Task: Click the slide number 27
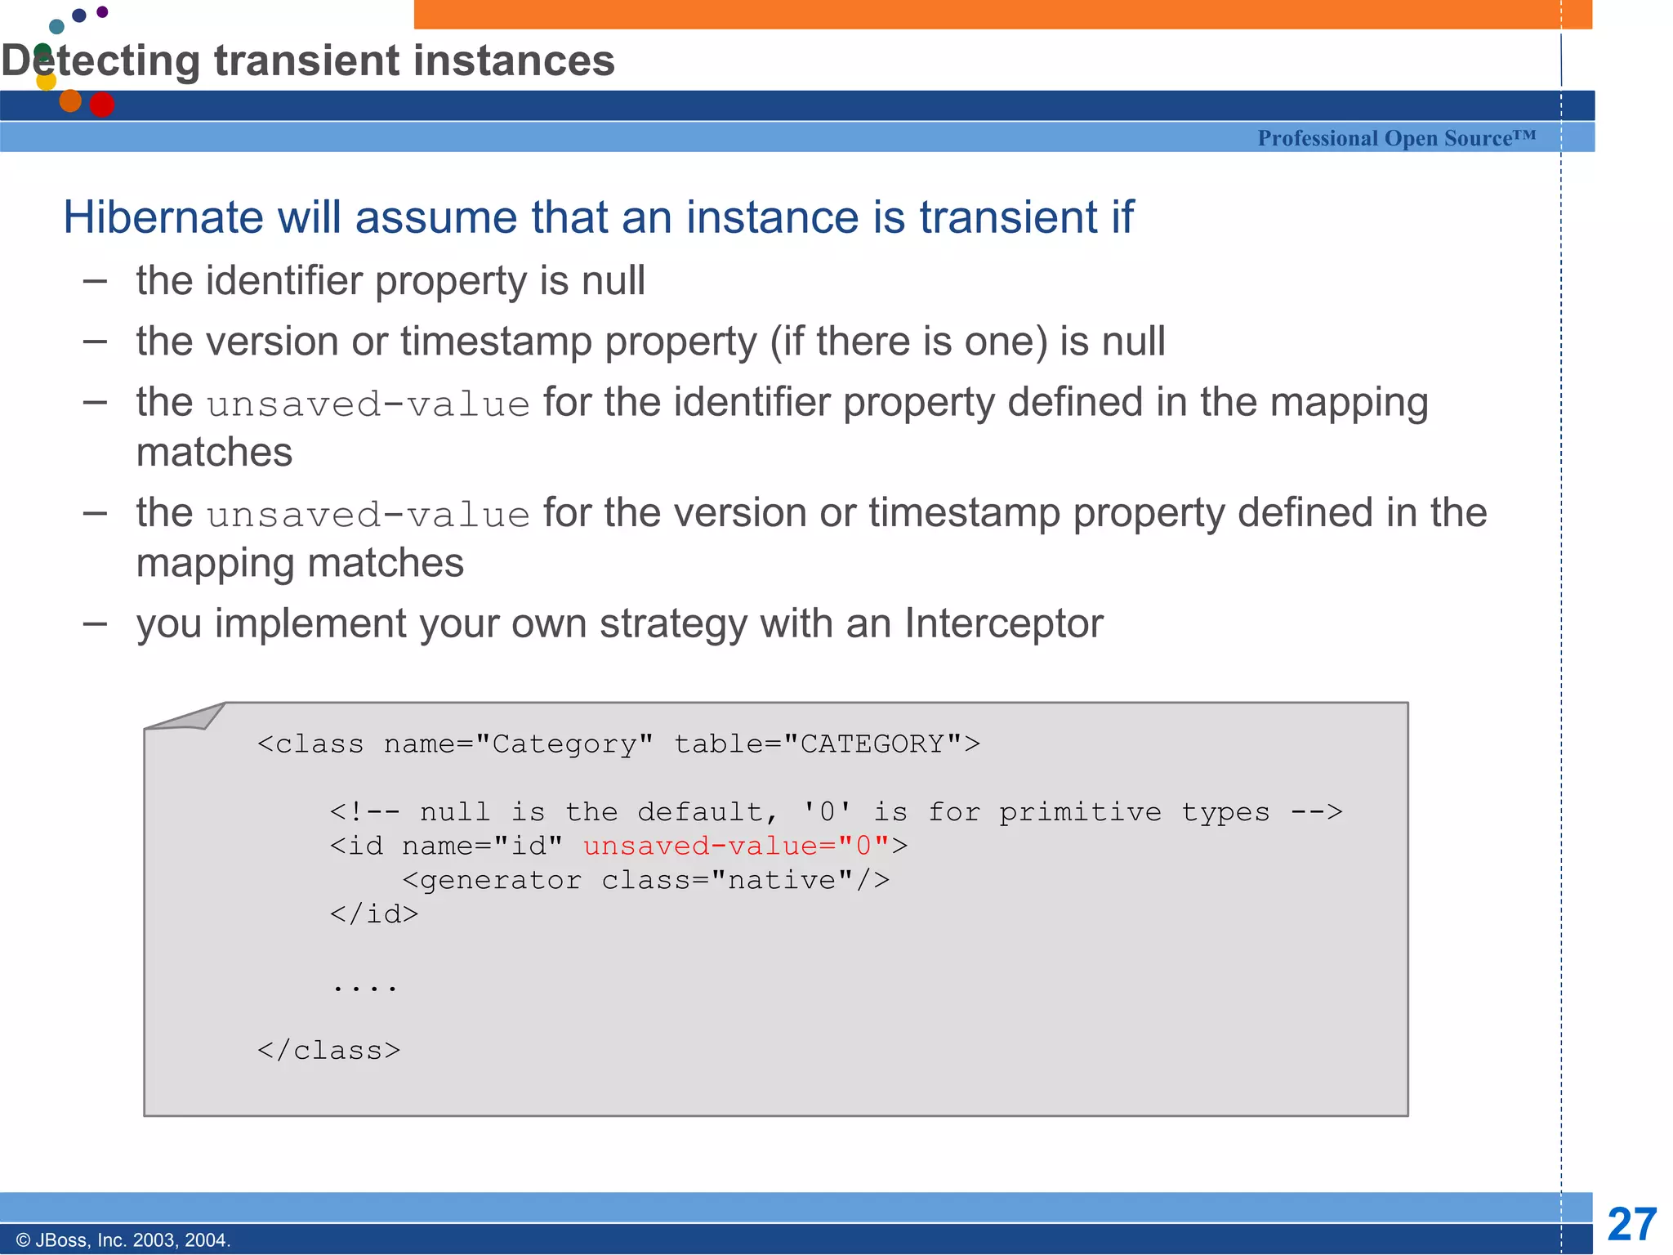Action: point(1631,1224)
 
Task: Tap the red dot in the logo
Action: point(101,105)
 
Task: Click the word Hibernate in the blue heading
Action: point(162,217)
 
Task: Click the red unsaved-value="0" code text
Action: point(735,846)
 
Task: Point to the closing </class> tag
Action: point(328,1051)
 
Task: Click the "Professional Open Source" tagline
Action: point(1396,138)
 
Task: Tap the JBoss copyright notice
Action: point(123,1240)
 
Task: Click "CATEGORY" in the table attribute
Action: point(872,744)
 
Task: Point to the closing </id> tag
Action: point(374,914)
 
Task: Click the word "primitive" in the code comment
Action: point(1080,812)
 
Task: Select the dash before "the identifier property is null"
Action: point(96,281)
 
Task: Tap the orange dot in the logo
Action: point(70,100)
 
